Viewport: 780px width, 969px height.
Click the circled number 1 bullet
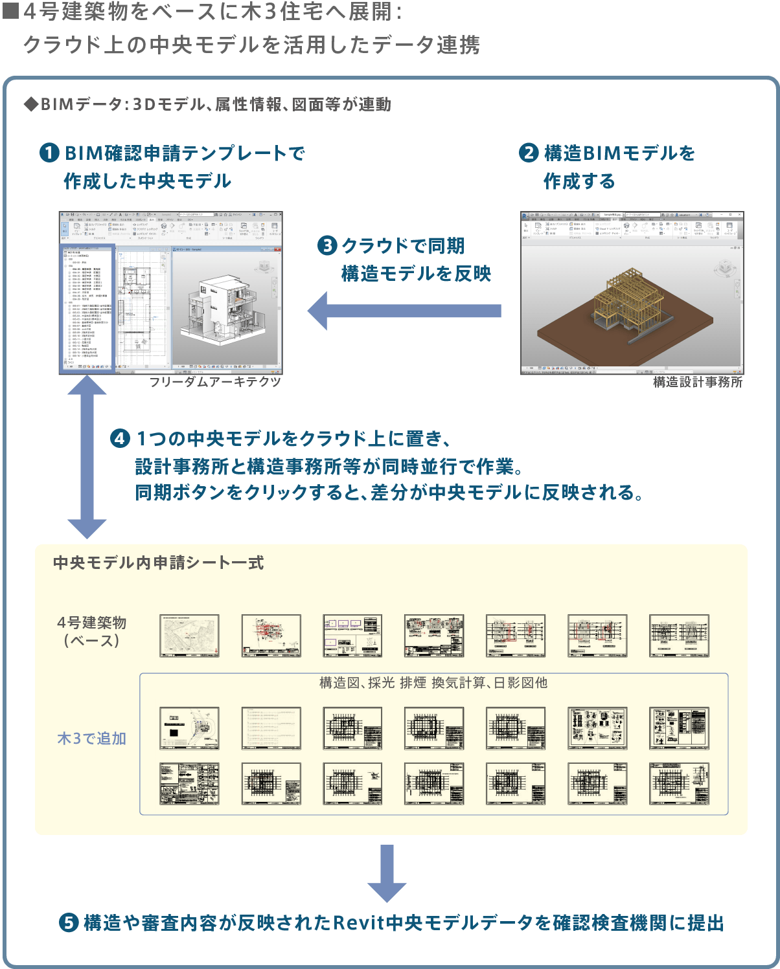tap(49, 153)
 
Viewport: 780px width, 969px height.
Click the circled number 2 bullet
tap(529, 153)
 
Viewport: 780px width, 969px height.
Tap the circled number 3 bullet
tap(327, 246)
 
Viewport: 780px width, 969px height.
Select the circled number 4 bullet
tap(120, 439)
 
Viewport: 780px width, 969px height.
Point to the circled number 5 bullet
tap(69, 923)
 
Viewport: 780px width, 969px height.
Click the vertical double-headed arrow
tap(87, 457)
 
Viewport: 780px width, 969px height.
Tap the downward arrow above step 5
tap(387, 873)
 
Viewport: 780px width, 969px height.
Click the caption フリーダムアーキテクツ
tap(215, 382)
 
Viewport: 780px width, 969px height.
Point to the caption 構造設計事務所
tap(698, 383)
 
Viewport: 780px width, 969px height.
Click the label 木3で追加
tap(91, 739)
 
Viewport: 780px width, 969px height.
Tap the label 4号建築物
tap(91, 623)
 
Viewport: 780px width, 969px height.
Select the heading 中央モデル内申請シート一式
tap(159, 563)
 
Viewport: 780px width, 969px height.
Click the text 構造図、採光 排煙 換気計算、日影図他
tap(433, 683)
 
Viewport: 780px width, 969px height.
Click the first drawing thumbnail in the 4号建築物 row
tap(189, 636)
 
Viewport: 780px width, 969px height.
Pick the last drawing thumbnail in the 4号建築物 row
tap(679, 636)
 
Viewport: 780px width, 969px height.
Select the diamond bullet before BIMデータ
tap(30, 105)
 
